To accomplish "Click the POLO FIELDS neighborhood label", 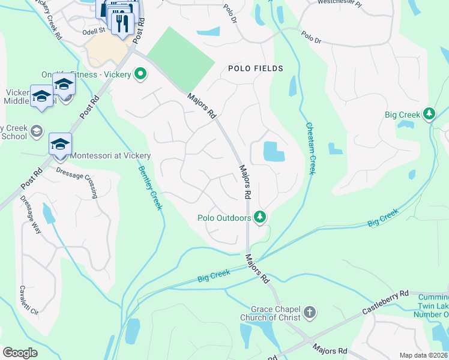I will pos(255,69).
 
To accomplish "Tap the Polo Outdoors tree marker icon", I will pos(260,216).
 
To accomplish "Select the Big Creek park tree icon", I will pos(429,113).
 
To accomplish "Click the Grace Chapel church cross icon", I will pos(309,312).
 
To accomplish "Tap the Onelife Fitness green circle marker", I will pos(140,74).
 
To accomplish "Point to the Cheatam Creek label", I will pos(310,149).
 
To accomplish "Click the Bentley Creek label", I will pos(150,188).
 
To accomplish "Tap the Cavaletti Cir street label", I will pos(28,300).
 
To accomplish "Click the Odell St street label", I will pos(94,29).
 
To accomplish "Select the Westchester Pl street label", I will pos(340,2).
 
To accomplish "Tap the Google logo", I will pos(20,353).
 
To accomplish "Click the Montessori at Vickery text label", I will pos(110,155).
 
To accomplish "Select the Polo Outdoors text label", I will pos(224,218).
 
